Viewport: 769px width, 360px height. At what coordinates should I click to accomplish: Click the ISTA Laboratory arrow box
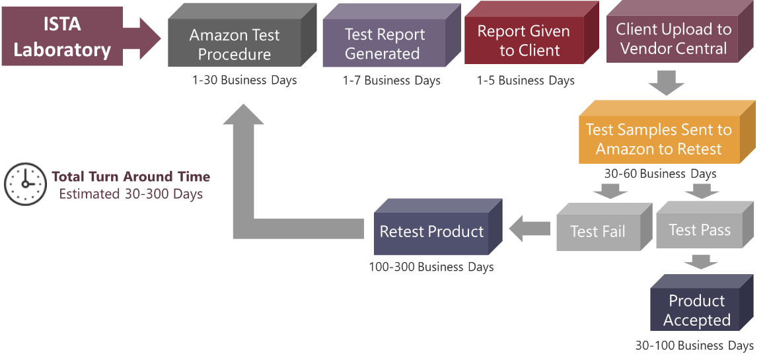[x=63, y=36]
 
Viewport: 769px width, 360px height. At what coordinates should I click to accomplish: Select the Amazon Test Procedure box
[x=235, y=44]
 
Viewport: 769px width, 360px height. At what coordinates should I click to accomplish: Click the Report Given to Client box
[x=524, y=41]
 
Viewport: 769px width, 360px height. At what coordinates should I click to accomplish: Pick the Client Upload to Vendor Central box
[x=673, y=39]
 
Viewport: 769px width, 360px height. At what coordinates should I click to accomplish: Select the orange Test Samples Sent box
[x=659, y=139]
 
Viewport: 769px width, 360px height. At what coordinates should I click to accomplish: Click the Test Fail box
[x=598, y=231]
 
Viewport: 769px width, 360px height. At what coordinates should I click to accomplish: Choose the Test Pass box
[x=700, y=230]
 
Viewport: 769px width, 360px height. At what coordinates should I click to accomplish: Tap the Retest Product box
[x=431, y=232]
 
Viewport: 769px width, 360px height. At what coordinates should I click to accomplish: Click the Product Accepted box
[x=697, y=310]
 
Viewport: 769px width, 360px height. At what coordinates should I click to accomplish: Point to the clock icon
[x=25, y=184]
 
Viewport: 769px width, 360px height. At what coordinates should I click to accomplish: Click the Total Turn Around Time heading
[x=131, y=176]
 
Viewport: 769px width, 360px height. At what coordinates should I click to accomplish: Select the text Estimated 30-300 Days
[x=131, y=194]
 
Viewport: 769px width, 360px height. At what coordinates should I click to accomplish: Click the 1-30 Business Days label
[x=244, y=81]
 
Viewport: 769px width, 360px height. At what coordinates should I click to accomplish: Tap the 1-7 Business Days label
[x=391, y=81]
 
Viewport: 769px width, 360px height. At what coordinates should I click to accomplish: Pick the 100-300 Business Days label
[x=431, y=268]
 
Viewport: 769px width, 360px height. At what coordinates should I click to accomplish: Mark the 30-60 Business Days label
[x=660, y=174]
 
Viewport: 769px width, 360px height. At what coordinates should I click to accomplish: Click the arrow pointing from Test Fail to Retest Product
[x=530, y=229]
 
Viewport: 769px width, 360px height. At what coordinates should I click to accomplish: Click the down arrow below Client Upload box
[x=666, y=83]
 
